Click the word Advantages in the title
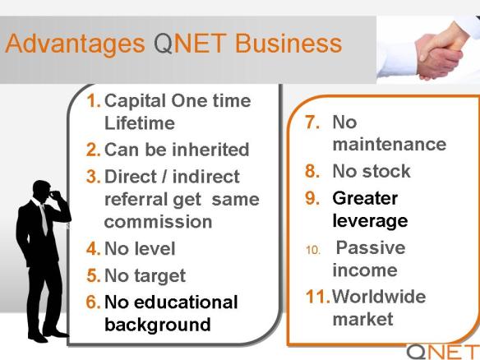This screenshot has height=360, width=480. coord(75,44)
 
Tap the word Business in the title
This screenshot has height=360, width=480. coord(288,43)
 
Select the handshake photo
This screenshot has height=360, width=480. coord(428,49)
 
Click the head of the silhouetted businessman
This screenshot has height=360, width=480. coord(44,192)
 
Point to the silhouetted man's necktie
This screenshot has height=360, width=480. coord(44,219)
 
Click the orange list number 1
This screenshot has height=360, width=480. coord(93,101)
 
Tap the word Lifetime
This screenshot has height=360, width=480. coord(140,123)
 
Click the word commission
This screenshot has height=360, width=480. coord(159,222)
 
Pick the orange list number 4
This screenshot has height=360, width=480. coord(94,248)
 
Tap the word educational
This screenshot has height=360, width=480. coord(186,302)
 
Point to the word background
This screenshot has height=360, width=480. coord(158,325)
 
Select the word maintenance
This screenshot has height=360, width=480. coord(390,144)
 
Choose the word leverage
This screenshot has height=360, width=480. coord(370,221)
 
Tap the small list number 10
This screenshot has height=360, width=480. coord(313,251)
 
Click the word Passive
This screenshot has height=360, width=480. coord(371,247)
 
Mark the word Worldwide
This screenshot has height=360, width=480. coord(379,297)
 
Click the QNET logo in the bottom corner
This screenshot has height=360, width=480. coord(443,352)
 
